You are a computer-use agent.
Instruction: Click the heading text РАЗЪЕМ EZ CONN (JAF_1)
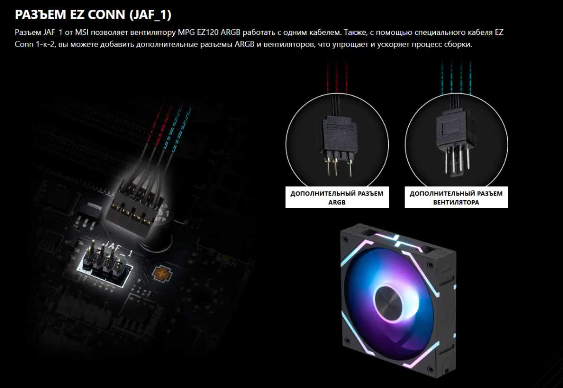pos(93,14)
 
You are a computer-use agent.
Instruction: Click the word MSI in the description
pos(82,33)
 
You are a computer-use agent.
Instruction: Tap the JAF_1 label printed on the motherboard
pos(118,249)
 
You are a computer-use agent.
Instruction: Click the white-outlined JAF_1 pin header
pos(104,263)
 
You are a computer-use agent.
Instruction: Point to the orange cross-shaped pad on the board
pos(162,273)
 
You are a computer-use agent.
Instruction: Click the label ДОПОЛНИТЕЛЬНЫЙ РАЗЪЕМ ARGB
pos(337,197)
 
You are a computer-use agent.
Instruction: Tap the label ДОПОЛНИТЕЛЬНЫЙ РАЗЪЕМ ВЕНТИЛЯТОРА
pos(456,197)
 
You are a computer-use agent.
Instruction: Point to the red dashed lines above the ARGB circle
pos(337,77)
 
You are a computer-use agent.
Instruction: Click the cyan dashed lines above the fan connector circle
pos(456,77)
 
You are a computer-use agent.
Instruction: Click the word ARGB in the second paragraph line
pos(244,45)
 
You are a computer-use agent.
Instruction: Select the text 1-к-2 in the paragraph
pos(45,45)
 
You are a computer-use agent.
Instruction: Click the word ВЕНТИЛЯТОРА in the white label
pos(456,202)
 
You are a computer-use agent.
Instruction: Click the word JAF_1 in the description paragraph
pos(52,33)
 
